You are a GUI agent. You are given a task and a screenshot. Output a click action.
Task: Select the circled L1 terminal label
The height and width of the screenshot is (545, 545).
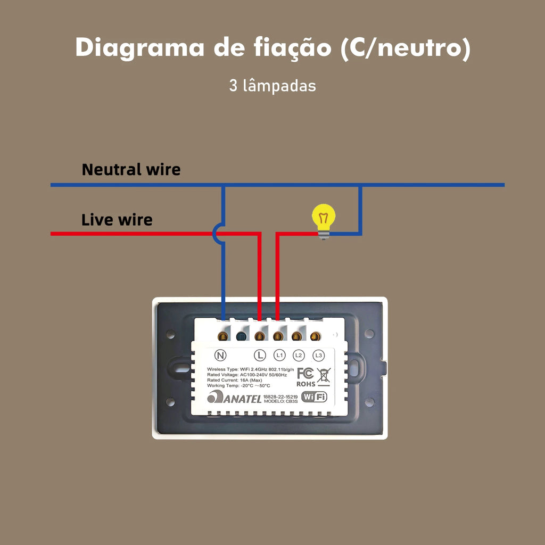pyautogui.click(x=279, y=355)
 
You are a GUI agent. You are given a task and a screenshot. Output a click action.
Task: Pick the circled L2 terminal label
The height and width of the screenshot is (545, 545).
pyautogui.click(x=299, y=355)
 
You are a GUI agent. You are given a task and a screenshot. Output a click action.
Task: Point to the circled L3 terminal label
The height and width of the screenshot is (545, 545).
pyautogui.click(x=318, y=355)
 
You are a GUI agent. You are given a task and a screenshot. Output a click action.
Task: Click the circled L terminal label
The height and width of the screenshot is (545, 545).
pyautogui.click(x=260, y=355)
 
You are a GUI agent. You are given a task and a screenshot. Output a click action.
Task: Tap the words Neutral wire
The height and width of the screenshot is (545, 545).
pyautogui.click(x=131, y=170)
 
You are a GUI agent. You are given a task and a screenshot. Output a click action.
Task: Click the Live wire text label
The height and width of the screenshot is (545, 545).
pyautogui.click(x=117, y=220)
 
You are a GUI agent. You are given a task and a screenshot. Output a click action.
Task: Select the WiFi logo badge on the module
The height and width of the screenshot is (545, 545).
pyautogui.click(x=314, y=397)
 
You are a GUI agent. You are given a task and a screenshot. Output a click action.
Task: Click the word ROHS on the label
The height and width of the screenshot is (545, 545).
pyautogui.click(x=305, y=383)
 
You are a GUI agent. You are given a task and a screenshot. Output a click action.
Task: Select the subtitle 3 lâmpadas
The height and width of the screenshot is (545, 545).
pyautogui.click(x=272, y=86)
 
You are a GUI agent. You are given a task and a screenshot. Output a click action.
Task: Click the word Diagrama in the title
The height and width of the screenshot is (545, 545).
pyautogui.click(x=140, y=47)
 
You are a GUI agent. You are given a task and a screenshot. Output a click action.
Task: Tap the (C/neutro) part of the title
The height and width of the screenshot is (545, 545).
pyautogui.click(x=404, y=47)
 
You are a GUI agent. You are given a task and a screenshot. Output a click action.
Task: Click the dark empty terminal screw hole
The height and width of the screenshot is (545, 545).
pyautogui.click(x=241, y=336)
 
